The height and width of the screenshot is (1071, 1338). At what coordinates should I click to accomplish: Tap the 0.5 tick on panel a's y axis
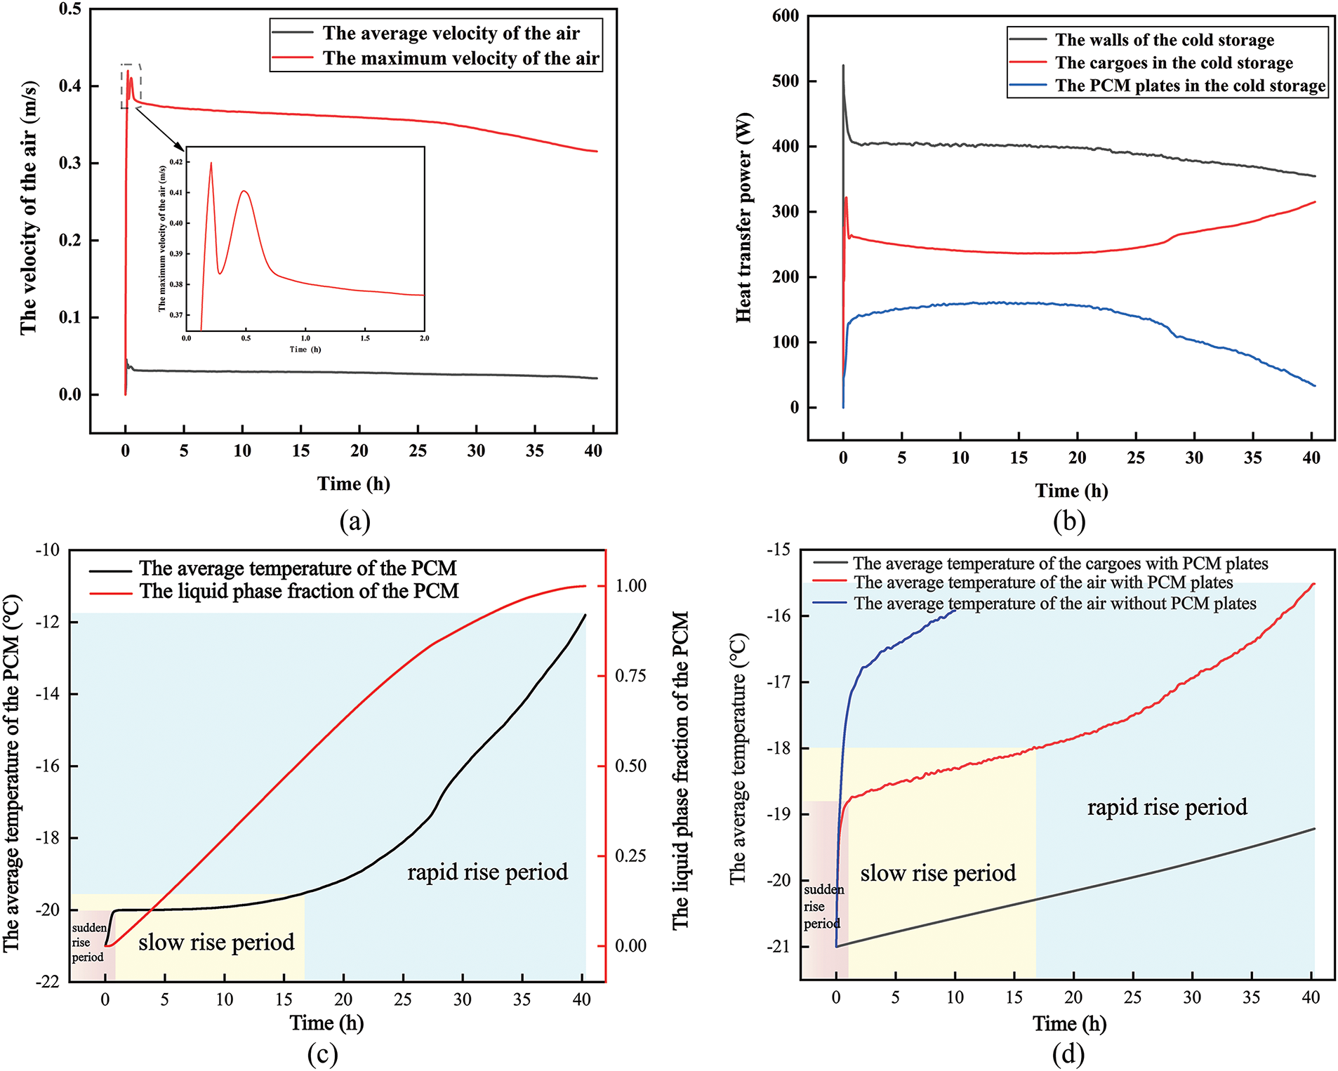70,9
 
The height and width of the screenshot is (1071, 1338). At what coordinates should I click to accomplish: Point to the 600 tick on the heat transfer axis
786,16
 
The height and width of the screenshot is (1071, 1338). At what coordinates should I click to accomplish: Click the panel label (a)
354,521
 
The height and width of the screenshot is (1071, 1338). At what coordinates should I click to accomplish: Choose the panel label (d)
1068,1053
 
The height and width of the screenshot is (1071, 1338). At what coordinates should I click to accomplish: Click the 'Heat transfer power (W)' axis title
743,218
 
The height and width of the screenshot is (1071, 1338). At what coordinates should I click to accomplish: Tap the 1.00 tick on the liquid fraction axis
630,586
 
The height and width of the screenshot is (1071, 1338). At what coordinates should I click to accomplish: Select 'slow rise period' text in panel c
216,942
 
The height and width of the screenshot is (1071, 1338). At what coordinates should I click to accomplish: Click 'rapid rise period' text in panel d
1167,807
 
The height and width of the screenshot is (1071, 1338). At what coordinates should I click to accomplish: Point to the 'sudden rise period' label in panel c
88,942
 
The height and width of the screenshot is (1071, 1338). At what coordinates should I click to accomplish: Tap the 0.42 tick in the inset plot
176,162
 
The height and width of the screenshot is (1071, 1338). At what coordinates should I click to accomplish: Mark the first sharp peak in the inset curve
211,164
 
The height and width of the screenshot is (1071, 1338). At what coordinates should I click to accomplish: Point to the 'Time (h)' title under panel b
1071,491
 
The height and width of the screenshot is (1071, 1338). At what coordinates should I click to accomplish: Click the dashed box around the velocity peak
131,86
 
